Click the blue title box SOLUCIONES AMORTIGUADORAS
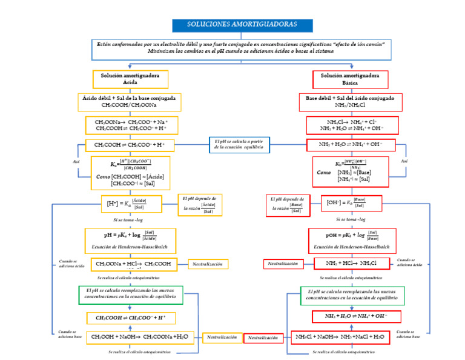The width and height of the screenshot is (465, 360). [242, 25]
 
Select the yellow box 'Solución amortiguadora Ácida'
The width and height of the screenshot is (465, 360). [130, 79]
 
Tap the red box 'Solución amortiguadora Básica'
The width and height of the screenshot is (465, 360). [350, 79]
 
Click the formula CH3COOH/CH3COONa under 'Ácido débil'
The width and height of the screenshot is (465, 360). [129, 105]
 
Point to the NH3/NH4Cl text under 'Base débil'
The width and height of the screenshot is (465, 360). [350, 105]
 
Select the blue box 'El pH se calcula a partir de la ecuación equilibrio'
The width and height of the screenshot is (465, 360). [240, 144]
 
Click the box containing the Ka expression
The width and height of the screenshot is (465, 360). [130, 172]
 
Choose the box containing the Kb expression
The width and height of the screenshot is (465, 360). [351, 172]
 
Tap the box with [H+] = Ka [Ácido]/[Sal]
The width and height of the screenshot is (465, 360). [126, 204]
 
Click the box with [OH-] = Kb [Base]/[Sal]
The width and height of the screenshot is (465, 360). [346, 203]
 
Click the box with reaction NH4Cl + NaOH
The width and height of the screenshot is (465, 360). [340, 336]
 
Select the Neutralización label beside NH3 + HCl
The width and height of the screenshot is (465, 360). [283, 264]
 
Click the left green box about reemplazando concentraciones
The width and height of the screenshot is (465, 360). [130, 295]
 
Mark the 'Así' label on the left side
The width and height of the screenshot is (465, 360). [76, 162]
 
